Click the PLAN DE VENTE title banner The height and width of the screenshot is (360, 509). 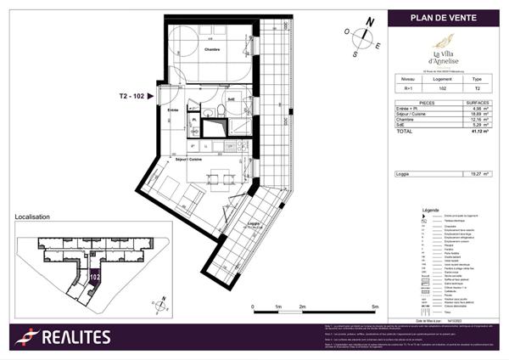(x=444, y=18)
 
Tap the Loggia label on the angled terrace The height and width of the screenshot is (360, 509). (x=253, y=223)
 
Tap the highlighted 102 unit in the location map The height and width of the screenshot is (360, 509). (x=93, y=276)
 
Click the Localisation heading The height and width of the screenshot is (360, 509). (x=32, y=217)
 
